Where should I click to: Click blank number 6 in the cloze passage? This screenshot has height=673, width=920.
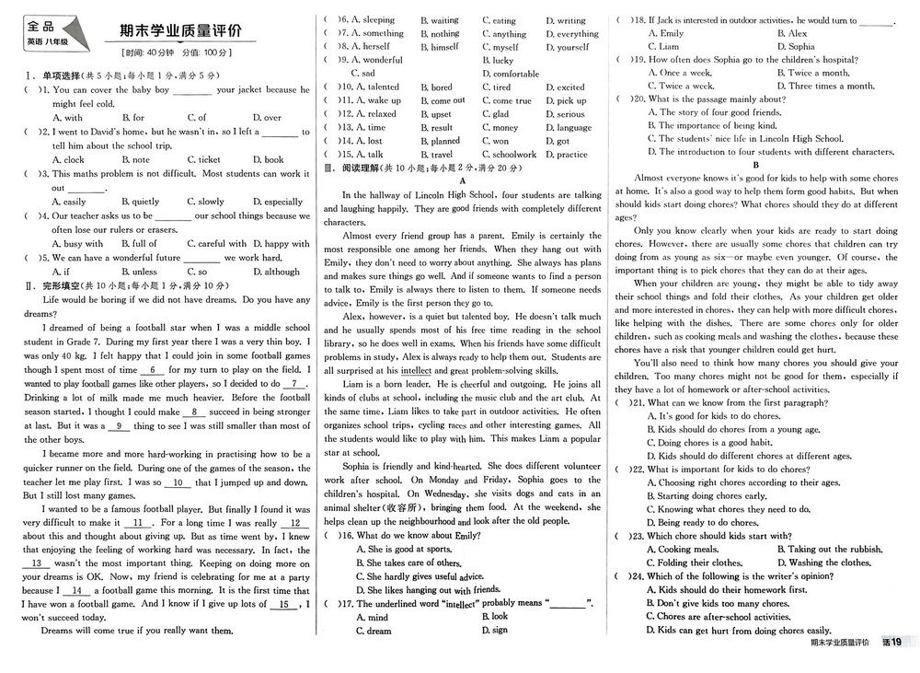(x=155, y=370)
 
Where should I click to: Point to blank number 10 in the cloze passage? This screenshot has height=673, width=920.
(x=180, y=482)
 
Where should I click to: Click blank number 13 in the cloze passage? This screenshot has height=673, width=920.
(x=38, y=563)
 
